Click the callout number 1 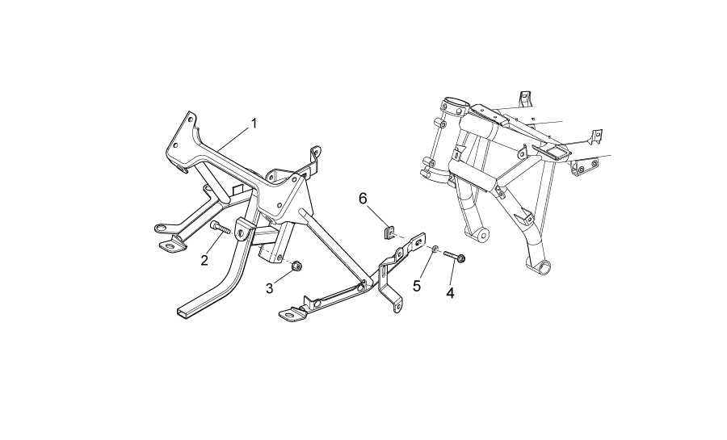tap(254, 124)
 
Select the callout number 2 tap(204, 261)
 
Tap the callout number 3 tap(270, 288)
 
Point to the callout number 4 tap(450, 293)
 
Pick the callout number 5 tap(417, 286)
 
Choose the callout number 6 tap(363, 199)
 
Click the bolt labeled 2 tap(221, 228)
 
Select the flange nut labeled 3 tap(296, 266)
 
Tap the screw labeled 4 tap(455, 256)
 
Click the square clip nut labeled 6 tap(389, 232)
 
